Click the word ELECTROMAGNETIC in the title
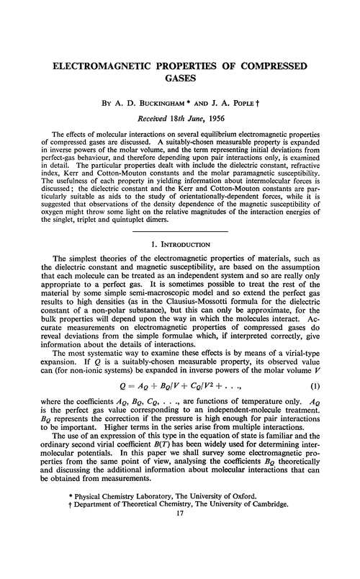[x=107, y=66]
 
